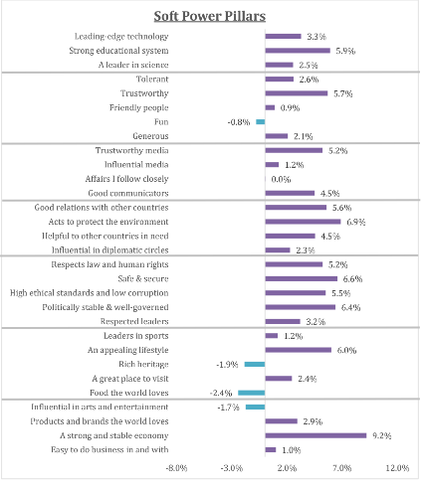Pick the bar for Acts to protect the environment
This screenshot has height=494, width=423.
click(x=303, y=222)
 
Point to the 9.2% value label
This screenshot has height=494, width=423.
click(x=381, y=435)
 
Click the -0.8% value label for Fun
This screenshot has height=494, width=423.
click(x=239, y=121)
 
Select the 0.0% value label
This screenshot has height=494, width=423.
click(x=281, y=179)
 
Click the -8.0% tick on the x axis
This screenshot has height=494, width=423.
click(x=176, y=467)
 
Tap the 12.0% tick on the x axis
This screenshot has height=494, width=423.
click(x=397, y=467)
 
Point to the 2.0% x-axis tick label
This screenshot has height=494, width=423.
click(x=287, y=467)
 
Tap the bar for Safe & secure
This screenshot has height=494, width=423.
click(x=301, y=279)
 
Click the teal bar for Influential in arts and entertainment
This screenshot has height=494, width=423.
click(x=255, y=408)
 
